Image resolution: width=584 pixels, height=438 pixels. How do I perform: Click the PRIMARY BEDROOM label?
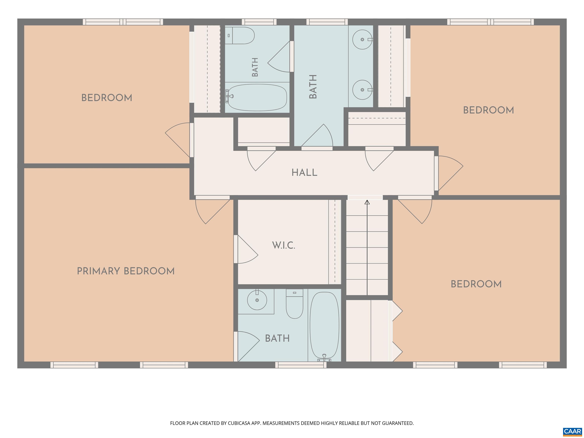click(126, 271)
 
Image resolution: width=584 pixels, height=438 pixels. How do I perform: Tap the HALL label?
click(304, 173)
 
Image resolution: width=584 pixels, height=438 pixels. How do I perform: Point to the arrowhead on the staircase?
click(367, 202)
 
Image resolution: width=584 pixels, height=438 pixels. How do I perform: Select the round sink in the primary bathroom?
click(257, 300)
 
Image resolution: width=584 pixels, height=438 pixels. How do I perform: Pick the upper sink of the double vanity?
click(363, 39)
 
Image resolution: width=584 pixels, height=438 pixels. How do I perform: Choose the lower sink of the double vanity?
click(363, 90)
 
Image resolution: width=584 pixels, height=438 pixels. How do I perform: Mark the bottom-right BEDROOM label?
click(476, 284)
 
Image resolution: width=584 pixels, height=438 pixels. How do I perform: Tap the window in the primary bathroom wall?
click(301, 365)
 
